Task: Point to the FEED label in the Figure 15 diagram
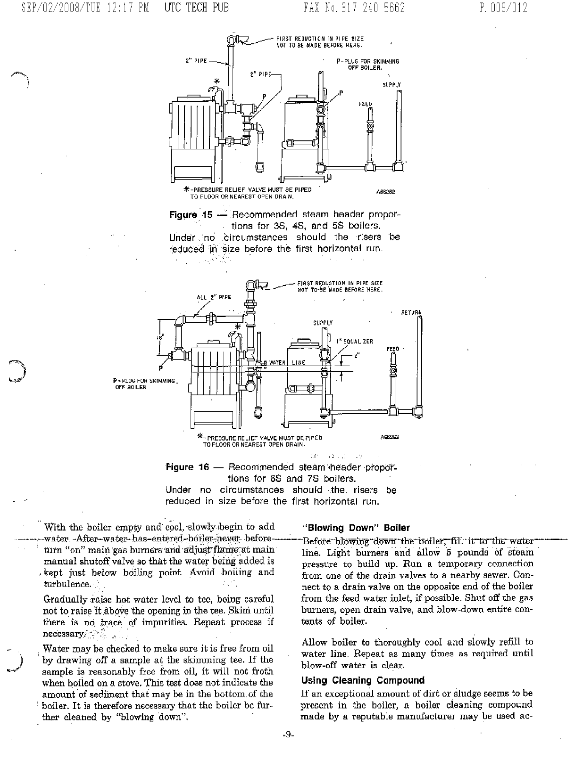click(x=365, y=104)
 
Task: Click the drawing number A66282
click(x=385, y=192)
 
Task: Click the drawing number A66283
click(x=390, y=437)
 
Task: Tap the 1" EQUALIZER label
click(x=355, y=342)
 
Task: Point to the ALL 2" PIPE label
click(x=214, y=297)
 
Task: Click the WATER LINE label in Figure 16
click(x=287, y=362)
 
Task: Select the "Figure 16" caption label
click(x=187, y=467)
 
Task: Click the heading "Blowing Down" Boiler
click(x=356, y=528)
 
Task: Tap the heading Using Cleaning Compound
click(x=363, y=680)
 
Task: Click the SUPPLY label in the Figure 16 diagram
click(x=323, y=323)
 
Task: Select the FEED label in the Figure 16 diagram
click(x=392, y=349)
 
